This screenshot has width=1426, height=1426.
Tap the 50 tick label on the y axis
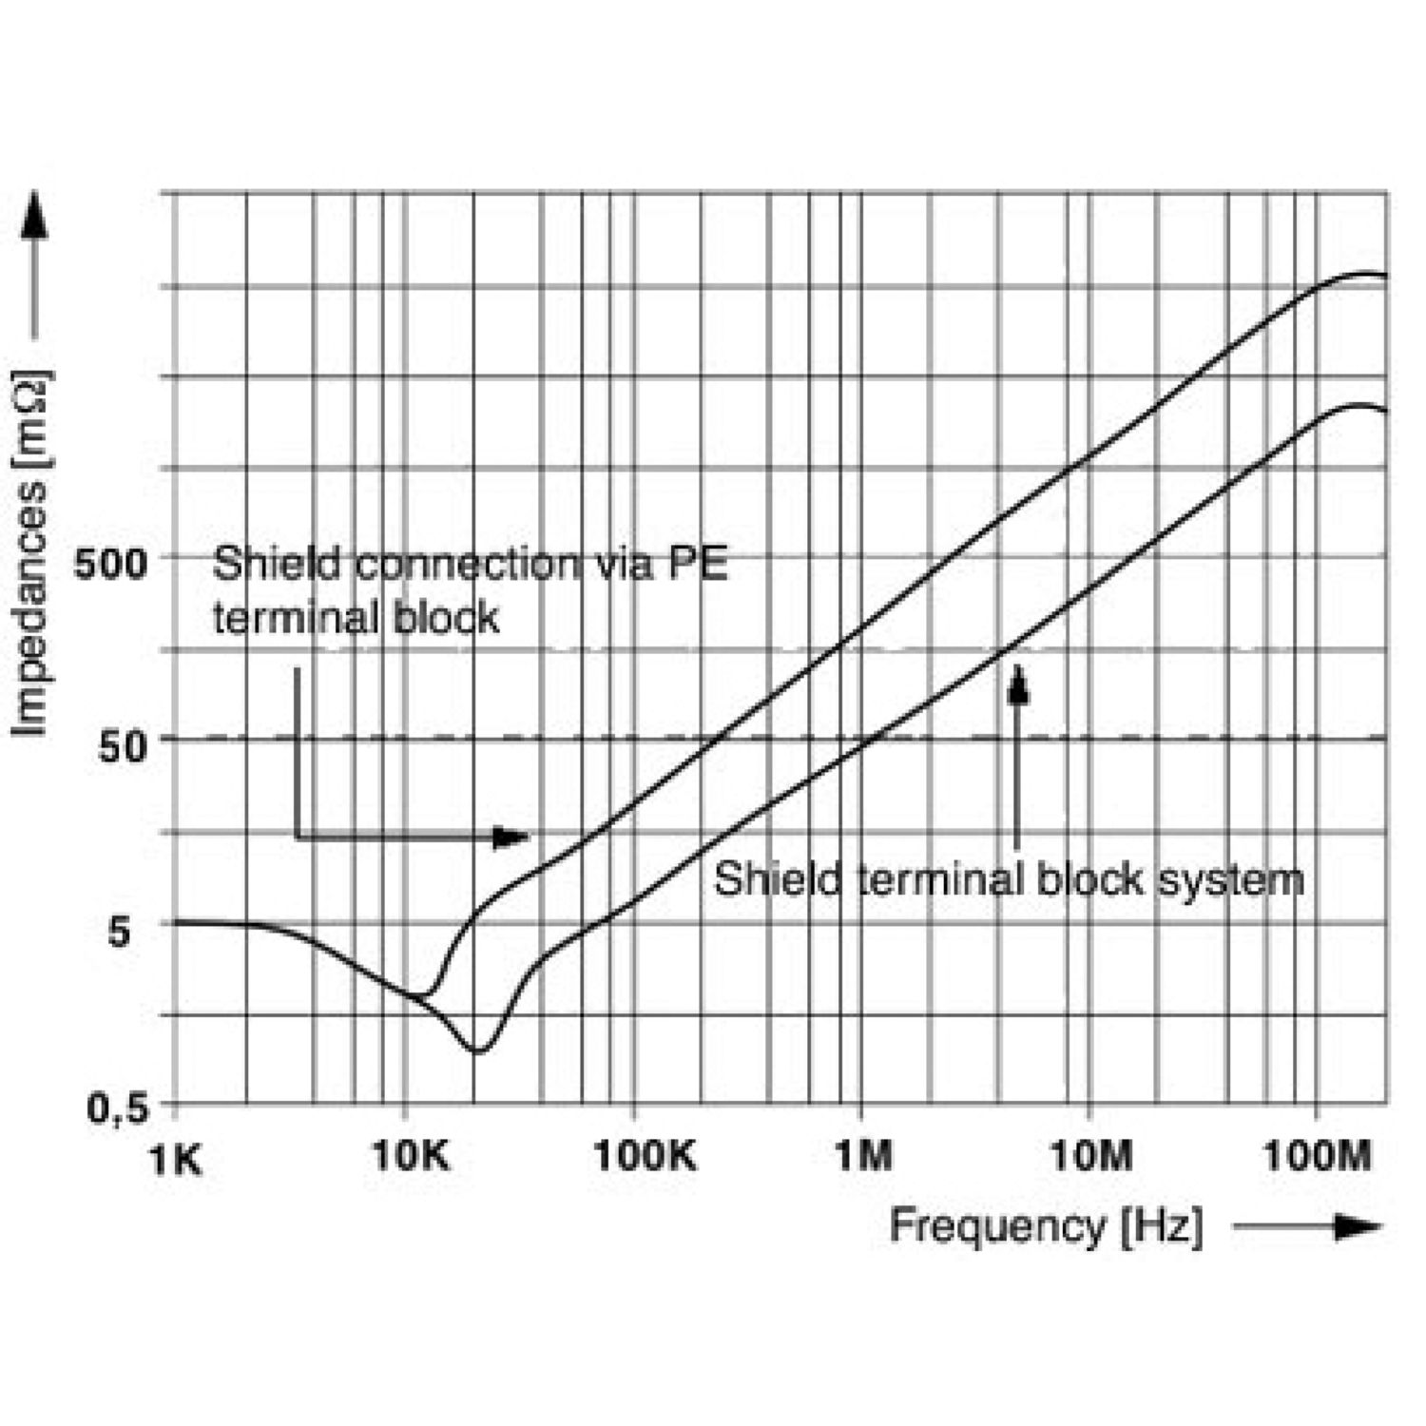[x=124, y=746]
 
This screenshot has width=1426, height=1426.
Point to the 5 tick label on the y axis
[x=119, y=931]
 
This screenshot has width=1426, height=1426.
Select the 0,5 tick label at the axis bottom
[x=119, y=1108]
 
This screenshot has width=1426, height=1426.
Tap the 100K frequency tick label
[x=644, y=1156]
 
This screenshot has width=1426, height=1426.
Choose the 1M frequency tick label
[x=863, y=1156]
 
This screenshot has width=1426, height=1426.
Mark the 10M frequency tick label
[x=1091, y=1156]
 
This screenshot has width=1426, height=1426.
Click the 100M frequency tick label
[x=1319, y=1156]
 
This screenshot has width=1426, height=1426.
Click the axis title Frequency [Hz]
[x=1046, y=1225]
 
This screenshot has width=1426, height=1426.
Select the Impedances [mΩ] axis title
[x=30, y=552]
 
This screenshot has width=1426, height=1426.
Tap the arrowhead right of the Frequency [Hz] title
[x=1358, y=1226]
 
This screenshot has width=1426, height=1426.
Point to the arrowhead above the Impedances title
[x=35, y=216]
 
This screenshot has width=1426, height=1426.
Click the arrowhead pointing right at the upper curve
[x=511, y=837]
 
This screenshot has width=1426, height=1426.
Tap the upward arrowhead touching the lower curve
[x=1018, y=684]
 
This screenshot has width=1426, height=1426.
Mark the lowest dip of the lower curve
[x=478, y=1050]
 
